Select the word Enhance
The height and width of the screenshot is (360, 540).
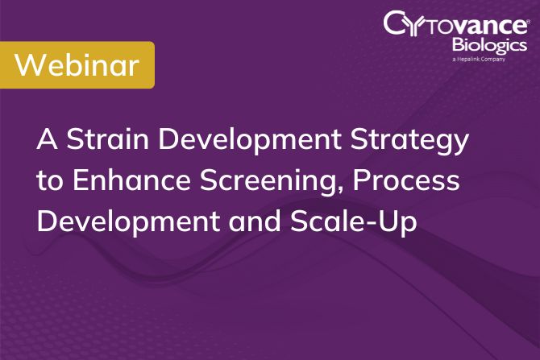coord(117,180)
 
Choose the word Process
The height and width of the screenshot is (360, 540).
coord(398,180)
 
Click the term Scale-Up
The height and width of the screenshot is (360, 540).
coord(355,221)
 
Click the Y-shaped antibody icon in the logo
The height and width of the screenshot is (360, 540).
coord(424,24)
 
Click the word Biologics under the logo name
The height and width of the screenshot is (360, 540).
coord(488,45)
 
